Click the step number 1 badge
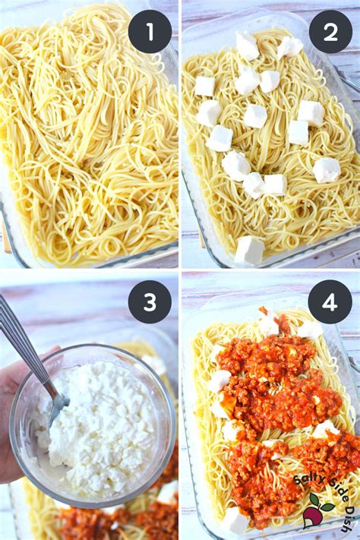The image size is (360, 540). tap(150, 32)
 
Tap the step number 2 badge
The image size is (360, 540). tap(330, 32)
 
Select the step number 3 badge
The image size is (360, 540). tap(150, 302)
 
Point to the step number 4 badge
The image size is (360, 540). tap(330, 302)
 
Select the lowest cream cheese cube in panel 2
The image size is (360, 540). tap(249, 250)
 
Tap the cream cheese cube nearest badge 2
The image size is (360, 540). tap(289, 47)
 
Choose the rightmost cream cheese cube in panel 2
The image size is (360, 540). tap(327, 169)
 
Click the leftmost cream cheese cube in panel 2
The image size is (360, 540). tap(204, 86)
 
